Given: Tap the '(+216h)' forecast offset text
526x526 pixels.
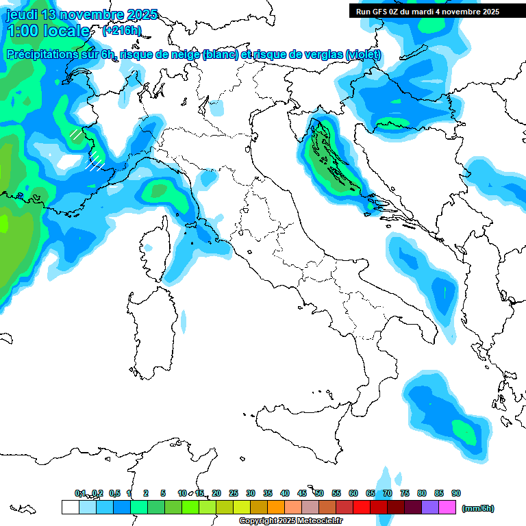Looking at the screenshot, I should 121,30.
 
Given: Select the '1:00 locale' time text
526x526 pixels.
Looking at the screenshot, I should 48,31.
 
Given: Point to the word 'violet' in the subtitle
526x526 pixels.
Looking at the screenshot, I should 362,55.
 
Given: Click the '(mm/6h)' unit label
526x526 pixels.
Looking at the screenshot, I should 478,508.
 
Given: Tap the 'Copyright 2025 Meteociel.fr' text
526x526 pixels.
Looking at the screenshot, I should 291,521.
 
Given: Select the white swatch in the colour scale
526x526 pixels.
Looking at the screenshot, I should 70,508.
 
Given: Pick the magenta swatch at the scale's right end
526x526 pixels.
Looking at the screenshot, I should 447,508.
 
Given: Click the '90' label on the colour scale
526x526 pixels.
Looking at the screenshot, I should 456,493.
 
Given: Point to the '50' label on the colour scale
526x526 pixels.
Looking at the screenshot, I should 319,493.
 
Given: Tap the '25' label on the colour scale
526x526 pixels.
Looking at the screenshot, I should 234,493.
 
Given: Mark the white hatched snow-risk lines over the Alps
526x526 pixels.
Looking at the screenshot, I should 95,162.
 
